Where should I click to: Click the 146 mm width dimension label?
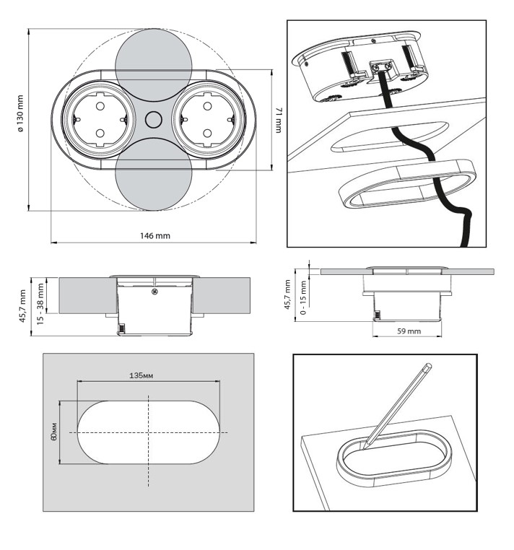click(x=154, y=235)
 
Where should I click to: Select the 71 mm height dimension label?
click(x=279, y=121)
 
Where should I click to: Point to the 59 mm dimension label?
click(x=409, y=331)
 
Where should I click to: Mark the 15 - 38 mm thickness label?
click(x=40, y=302)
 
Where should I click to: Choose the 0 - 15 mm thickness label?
click(x=304, y=296)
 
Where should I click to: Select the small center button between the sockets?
click(x=153, y=121)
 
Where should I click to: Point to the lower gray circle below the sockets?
click(x=153, y=182)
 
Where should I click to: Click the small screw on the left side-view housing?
click(x=154, y=292)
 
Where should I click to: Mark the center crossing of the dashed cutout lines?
click(x=149, y=432)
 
